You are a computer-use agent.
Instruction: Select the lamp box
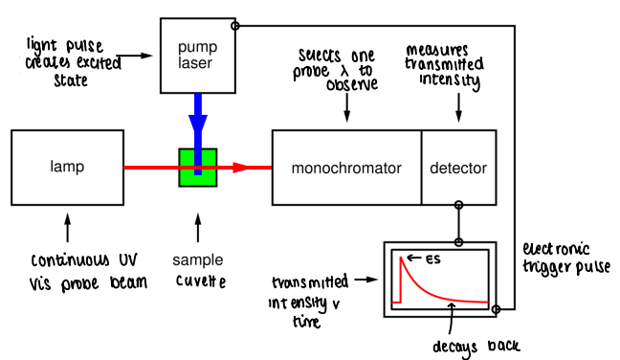coord(67,168)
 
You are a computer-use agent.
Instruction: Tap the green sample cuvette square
coord(198,167)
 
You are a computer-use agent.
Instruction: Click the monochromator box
coord(346,168)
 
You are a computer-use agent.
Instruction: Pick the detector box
coord(458,168)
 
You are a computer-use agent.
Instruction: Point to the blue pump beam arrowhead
coord(198,125)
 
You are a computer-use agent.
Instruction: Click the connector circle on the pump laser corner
coord(235,25)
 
